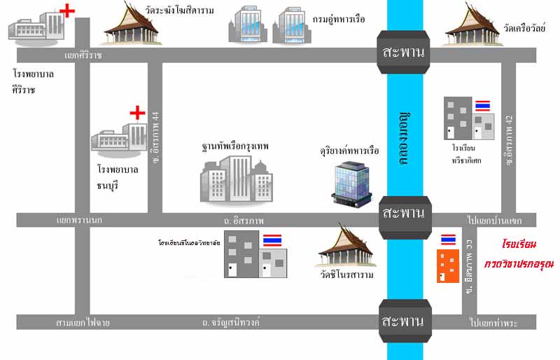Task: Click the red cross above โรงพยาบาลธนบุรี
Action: point(137,112)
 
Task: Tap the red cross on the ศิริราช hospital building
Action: point(67,11)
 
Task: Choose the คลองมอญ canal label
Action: point(404,137)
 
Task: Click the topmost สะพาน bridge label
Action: point(404,53)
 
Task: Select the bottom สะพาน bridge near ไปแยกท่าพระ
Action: point(404,322)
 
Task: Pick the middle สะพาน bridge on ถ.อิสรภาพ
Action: point(404,214)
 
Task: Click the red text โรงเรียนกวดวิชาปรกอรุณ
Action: point(518,255)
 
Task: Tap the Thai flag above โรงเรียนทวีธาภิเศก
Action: point(482,106)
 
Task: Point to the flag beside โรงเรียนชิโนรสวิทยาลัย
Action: point(272,240)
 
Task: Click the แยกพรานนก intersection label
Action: point(79,220)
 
